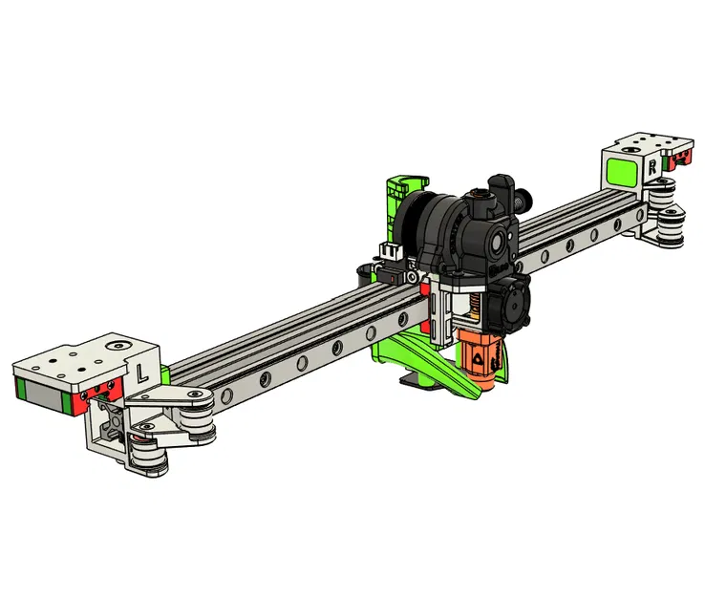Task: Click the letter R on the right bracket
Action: click(651, 164)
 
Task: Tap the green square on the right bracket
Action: click(624, 173)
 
